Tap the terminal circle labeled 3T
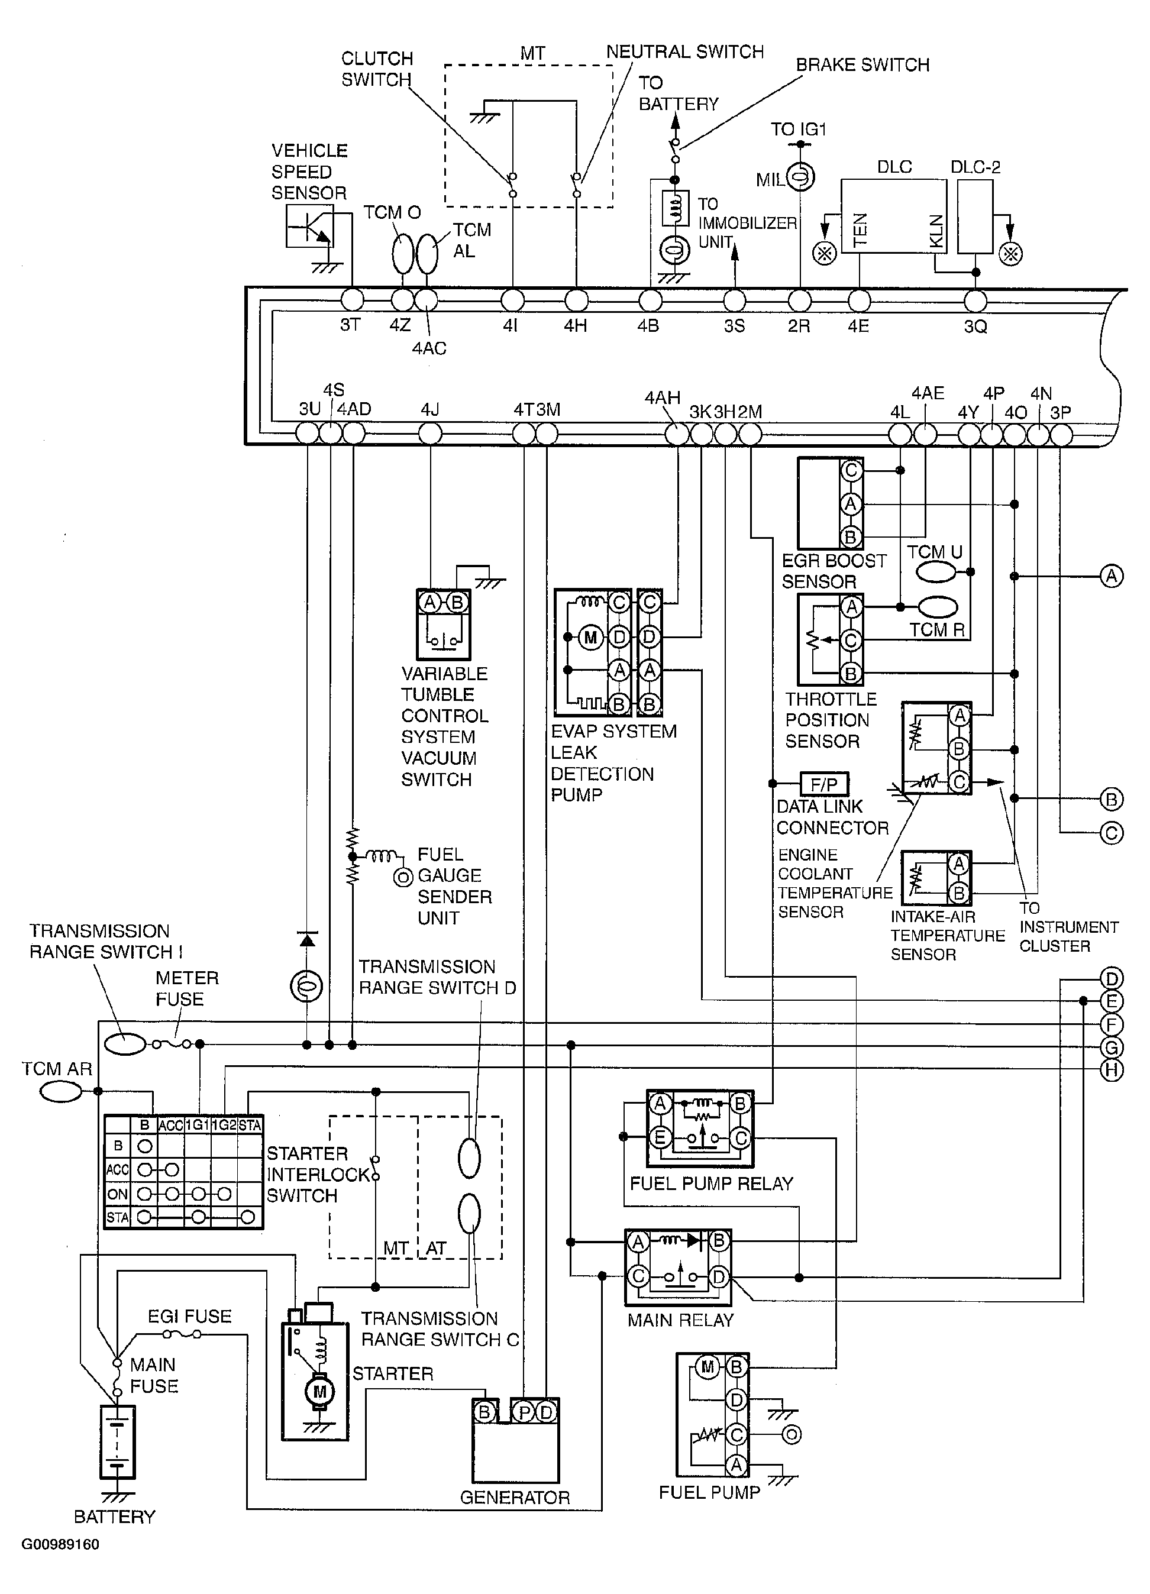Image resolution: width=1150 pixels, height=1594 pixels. [x=352, y=299]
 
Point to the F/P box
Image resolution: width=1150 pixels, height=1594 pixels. [x=825, y=784]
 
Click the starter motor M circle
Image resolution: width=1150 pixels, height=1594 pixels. [x=320, y=1391]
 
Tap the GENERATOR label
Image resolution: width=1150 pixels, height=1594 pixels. [x=515, y=1497]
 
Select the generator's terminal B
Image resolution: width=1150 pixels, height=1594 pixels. [x=484, y=1412]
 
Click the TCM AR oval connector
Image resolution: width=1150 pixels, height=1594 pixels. [x=60, y=1091]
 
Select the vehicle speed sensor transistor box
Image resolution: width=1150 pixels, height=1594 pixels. [x=310, y=225]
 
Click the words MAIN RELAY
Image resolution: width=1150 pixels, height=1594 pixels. [x=680, y=1320]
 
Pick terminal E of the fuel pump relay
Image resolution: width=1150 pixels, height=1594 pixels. [x=660, y=1136]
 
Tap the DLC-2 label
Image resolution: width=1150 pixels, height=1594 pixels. [x=975, y=167]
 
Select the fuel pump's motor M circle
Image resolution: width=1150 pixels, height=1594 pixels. [x=707, y=1367]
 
